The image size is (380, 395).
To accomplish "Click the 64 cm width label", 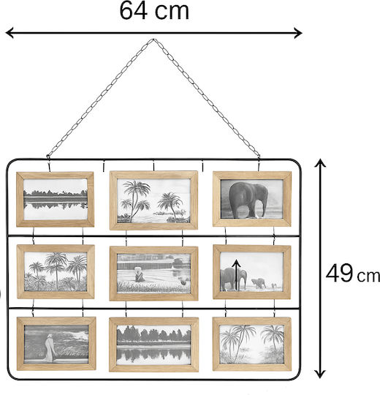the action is point(154,11).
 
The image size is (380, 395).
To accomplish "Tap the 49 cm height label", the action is point(352,274).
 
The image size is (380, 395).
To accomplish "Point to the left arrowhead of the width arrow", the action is point(9,33).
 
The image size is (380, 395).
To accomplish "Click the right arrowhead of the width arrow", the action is point(298,33).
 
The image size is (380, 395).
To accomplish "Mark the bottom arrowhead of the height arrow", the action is point(320,374).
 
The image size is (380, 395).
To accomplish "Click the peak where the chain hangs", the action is point(153,39).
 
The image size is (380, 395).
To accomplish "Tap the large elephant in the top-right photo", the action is point(248,200).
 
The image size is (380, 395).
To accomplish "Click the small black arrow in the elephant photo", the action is point(236,275).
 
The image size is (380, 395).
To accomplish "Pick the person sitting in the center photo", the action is point(139,274).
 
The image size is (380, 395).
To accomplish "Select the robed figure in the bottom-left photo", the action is point(50,348).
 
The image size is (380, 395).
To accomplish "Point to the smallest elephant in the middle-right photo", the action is point(274,285).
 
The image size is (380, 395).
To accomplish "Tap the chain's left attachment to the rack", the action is point(47,157).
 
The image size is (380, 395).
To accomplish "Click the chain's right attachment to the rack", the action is point(259,157).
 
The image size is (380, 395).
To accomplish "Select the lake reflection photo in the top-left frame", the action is point(56,199).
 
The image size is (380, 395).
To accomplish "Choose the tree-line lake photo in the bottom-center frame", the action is point(153,345).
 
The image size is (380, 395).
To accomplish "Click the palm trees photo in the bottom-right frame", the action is point(252,344).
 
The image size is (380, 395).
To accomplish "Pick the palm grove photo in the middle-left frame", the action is point(56,271).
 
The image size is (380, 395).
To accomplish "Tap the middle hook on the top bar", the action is point(153,166).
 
